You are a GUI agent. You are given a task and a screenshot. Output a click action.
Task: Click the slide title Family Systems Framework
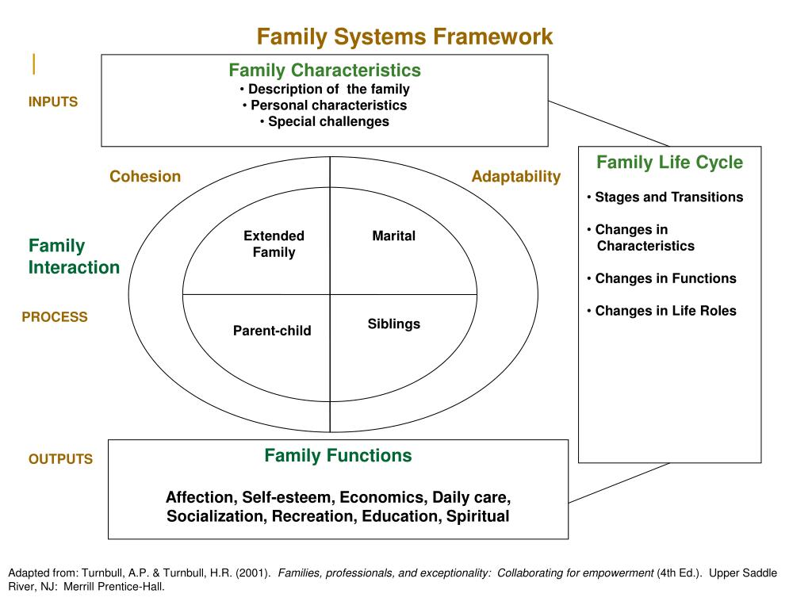pyautogui.click(x=404, y=36)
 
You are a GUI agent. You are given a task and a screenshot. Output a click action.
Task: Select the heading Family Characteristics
pyautogui.click(x=325, y=71)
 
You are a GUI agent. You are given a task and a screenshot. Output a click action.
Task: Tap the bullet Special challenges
pyautogui.click(x=325, y=121)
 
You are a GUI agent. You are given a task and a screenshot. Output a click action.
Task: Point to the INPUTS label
pyautogui.click(x=53, y=101)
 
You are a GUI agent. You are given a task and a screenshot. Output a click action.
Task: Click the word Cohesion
pyautogui.click(x=145, y=176)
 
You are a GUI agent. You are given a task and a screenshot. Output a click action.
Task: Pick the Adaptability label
pyautogui.click(x=515, y=176)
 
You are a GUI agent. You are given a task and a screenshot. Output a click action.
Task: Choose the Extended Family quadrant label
pyautogui.click(x=274, y=244)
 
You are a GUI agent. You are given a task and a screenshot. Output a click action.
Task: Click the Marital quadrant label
pyautogui.click(x=394, y=236)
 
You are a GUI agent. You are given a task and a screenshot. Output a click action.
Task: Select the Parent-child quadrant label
pyautogui.click(x=272, y=331)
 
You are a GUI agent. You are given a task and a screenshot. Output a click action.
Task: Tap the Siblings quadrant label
pyautogui.click(x=394, y=324)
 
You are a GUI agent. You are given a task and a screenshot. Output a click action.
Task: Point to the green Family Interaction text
pyautogui.click(x=74, y=256)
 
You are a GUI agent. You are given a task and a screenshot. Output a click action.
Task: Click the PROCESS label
pyautogui.click(x=55, y=317)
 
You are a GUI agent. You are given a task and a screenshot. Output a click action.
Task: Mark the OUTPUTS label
pyautogui.click(x=60, y=459)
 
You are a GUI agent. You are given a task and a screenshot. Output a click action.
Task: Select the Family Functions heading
pyautogui.click(x=338, y=456)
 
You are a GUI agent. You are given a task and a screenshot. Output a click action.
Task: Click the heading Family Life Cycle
pyautogui.click(x=669, y=163)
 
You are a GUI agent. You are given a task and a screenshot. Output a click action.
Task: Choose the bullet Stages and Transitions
pyautogui.click(x=666, y=197)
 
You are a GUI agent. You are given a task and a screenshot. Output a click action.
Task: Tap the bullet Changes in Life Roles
pyautogui.click(x=663, y=311)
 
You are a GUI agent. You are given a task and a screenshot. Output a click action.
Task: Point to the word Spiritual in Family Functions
pyautogui.click(x=478, y=517)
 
